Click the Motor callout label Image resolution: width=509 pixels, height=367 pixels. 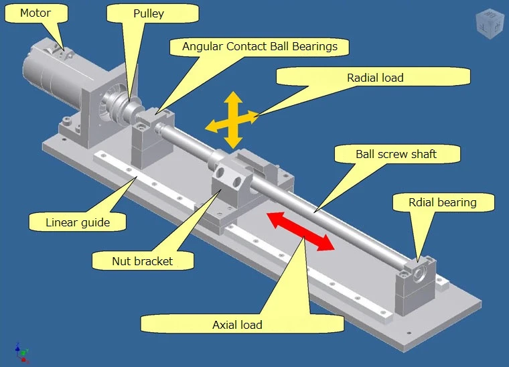[34, 13]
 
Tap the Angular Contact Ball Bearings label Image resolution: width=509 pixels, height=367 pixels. [259, 46]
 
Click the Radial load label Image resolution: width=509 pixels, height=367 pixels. [375, 78]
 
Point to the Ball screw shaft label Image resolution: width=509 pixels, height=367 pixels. [396, 154]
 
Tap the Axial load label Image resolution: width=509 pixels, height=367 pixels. [237, 325]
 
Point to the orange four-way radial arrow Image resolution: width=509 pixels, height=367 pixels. [232, 121]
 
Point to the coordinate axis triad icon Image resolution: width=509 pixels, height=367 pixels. [21, 350]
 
